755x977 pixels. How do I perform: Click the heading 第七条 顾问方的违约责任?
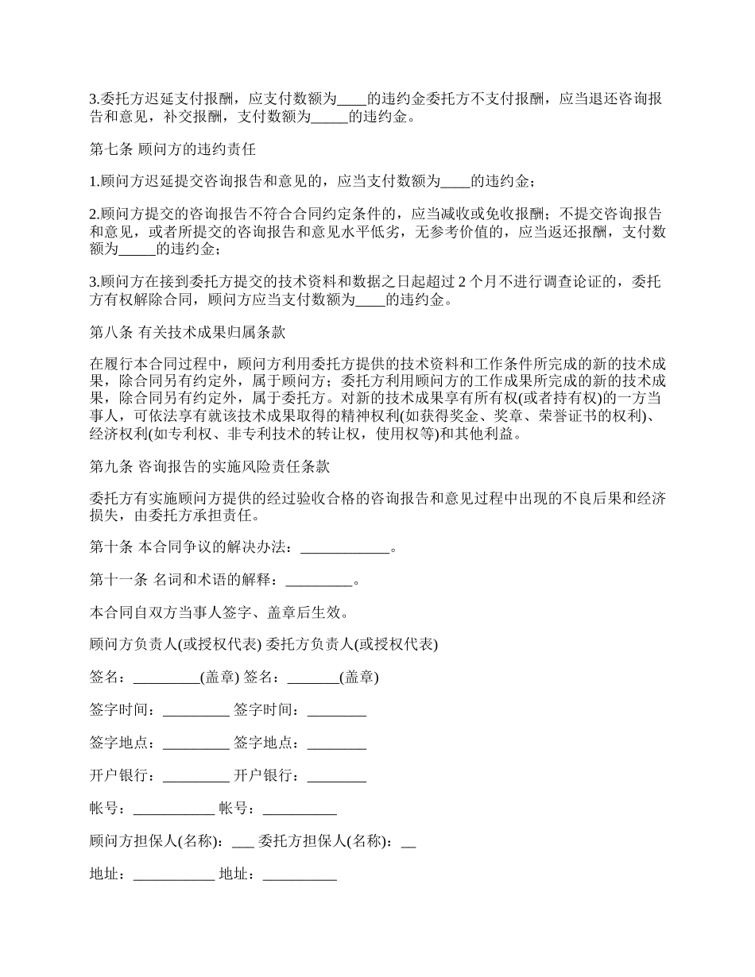click(x=172, y=149)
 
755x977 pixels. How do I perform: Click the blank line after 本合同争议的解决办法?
click(x=347, y=547)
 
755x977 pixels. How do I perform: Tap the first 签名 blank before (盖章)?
click(x=166, y=678)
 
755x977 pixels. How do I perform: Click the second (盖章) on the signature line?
click(x=359, y=678)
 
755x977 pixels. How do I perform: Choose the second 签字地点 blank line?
click(x=337, y=743)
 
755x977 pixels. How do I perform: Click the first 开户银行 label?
click(x=122, y=776)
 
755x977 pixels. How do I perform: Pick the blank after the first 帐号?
click(x=174, y=809)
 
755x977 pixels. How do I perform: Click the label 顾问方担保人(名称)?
click(x=156, y=842)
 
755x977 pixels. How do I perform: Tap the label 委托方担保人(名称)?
click(x=326, y=842)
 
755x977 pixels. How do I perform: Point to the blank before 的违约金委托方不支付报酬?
click(x=352, y=99)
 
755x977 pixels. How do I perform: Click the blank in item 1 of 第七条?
click(x=455, y=181)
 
